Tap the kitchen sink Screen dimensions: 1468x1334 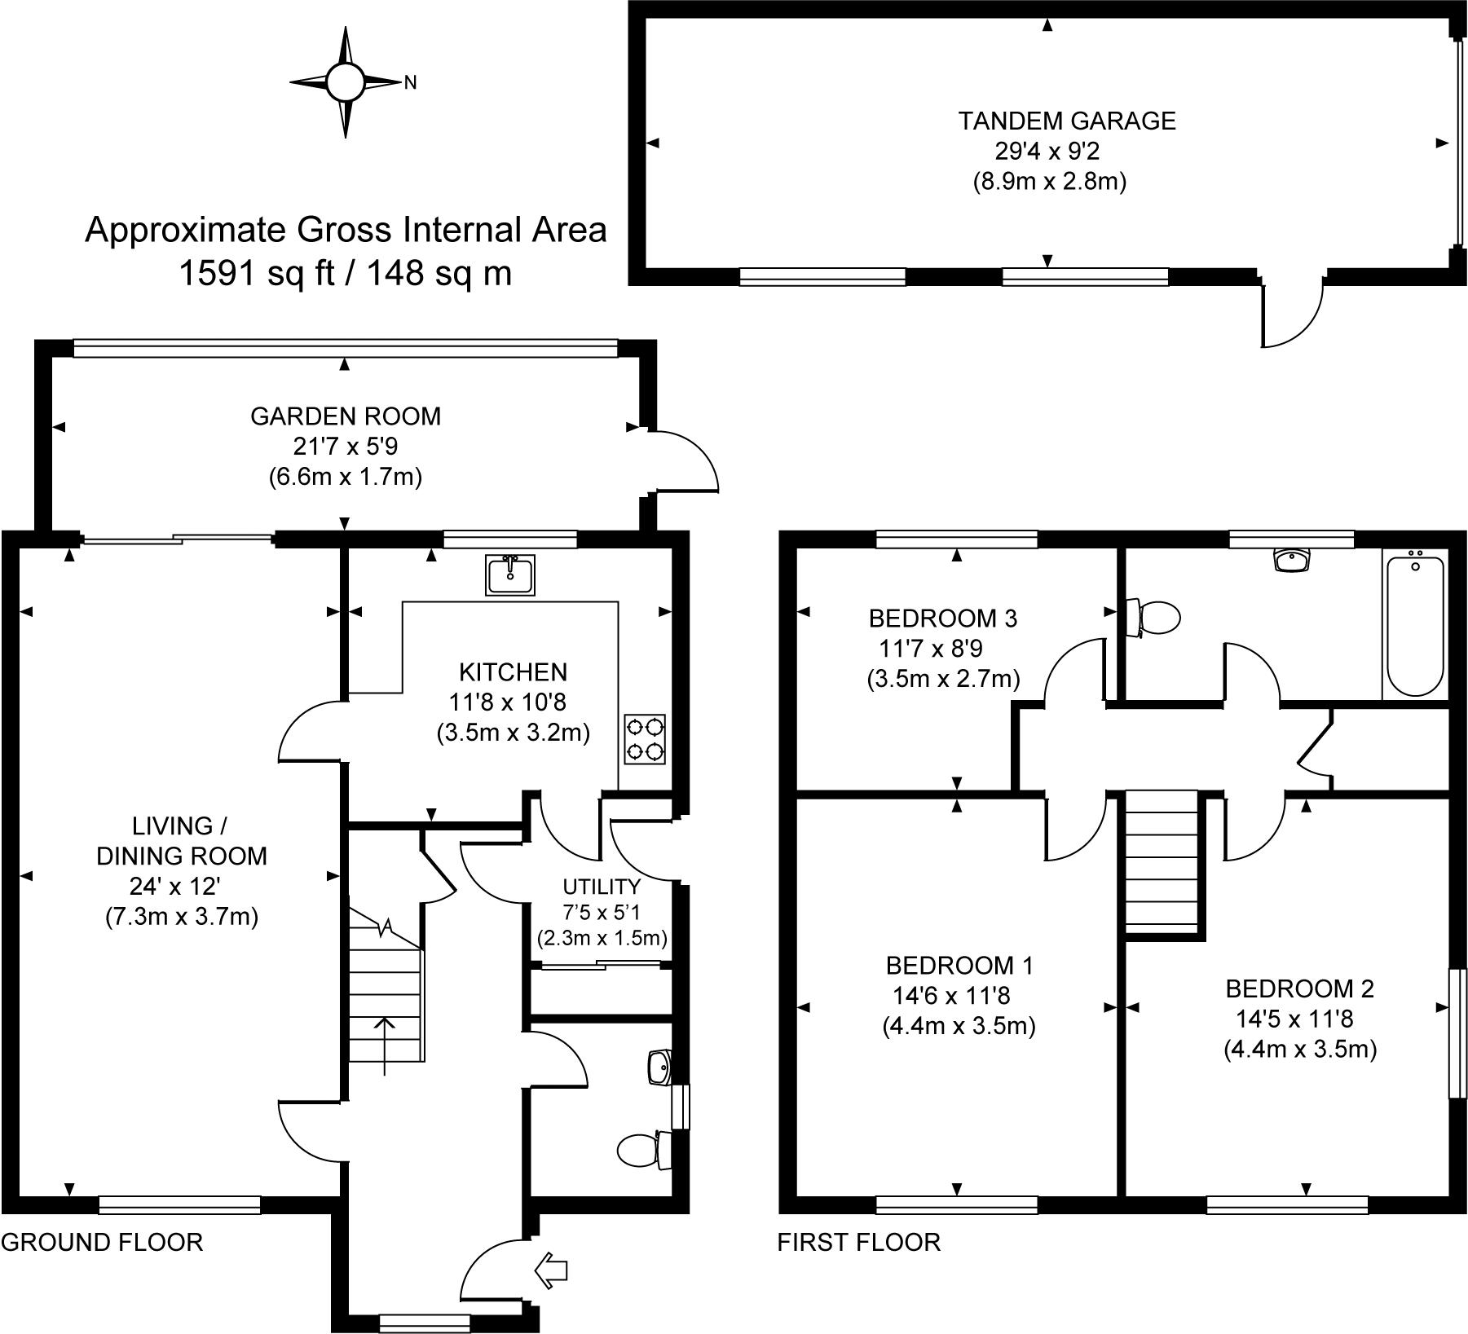point(509,575)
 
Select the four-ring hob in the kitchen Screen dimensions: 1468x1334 point(645,739)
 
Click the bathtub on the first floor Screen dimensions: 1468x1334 point(1415,623)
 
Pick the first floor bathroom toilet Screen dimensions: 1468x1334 point(1153,617)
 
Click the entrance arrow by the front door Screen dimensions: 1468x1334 point(550,1270)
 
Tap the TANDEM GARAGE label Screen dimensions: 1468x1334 point(1067,121)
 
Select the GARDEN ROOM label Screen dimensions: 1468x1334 point(346,416)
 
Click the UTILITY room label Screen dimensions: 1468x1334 point(602,887)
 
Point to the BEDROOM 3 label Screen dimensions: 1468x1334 point(943,619)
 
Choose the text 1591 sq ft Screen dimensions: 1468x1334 point(258,273)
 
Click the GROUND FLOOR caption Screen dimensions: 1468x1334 point(102,1242)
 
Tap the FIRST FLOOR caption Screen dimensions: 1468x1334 point(858,1242)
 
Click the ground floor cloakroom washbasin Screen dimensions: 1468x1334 point(659,1068)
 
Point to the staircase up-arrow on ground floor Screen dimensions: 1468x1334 point(383,1046)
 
